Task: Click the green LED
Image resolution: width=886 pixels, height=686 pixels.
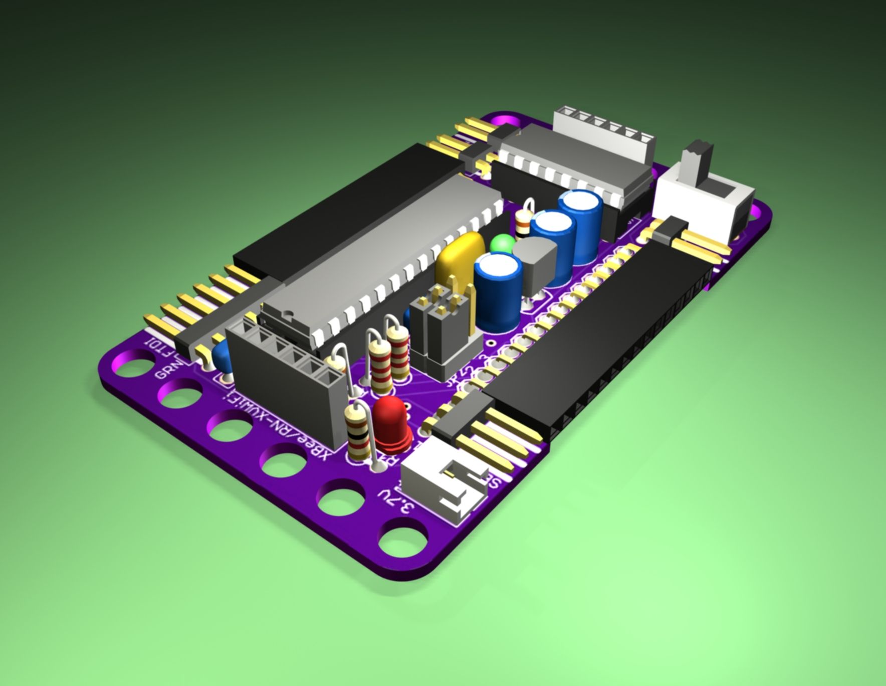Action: click(x=502, y=245)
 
